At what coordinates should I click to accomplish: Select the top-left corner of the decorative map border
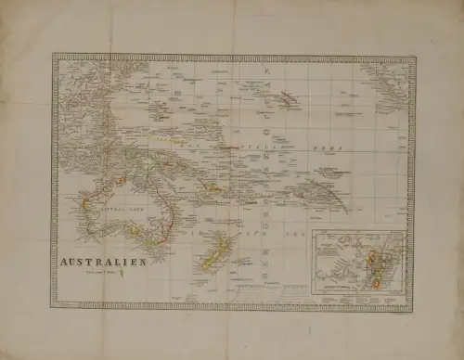(x=54, y=55)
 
